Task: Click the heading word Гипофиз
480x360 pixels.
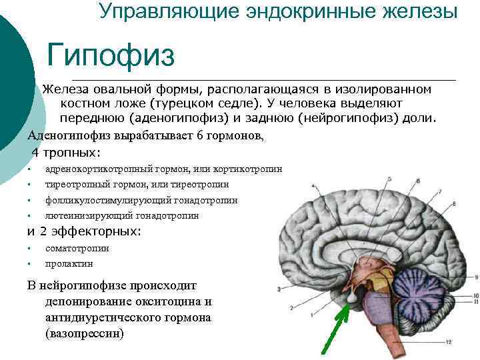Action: coord(111,55)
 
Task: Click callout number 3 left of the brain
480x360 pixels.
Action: coord(278,289)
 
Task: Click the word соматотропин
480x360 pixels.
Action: coord(77,249)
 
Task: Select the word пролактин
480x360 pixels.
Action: coord(69,264)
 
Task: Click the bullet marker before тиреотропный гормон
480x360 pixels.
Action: coord(30,185)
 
